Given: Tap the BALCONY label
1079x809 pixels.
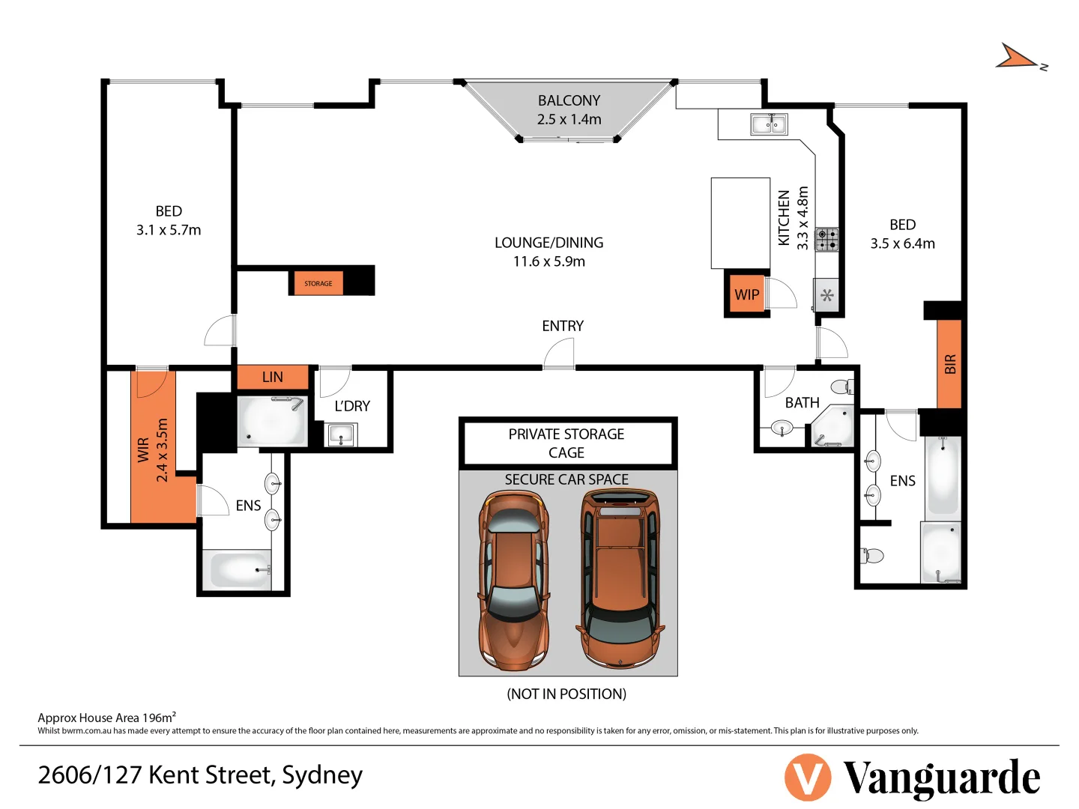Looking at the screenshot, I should tap(569, 100).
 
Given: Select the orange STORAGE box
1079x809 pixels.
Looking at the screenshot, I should tap(317, 283).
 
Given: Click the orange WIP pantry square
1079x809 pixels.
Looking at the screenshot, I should tap(746, 294).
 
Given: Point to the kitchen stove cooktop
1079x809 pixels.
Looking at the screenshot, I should tap(826, 240).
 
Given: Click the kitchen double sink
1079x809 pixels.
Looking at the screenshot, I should tap(769, 124).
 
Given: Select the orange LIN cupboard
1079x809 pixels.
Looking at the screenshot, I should tap(273, 377).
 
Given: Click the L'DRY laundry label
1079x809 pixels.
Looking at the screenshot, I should tap(352, 406).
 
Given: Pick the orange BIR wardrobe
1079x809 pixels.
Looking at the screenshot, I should tap(949, 363).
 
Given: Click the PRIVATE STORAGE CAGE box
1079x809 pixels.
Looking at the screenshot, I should tap(567, 443).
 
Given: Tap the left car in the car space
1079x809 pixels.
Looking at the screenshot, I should tap(514, 581).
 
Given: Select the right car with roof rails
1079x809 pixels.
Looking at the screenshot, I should tap(620, 578).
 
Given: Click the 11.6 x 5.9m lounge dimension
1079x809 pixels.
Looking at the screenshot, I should tap(549, 261).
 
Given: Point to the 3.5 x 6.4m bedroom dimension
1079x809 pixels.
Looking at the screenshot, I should tap(902, 243).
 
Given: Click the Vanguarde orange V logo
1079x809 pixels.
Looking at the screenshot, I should tap(807, 778).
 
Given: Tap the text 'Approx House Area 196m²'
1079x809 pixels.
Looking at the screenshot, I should tap(106, 717).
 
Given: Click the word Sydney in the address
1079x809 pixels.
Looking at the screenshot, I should tap(322, 775).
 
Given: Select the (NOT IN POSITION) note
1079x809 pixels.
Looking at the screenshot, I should tap(566, 694).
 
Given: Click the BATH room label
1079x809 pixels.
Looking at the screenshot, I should tap(802, 402).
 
